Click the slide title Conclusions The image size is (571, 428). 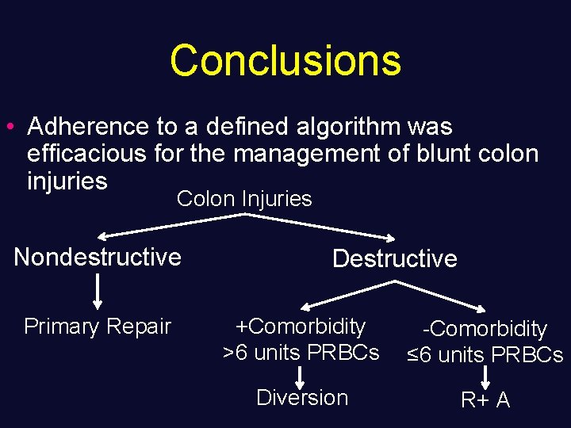coord(285,60)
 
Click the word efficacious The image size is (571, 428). coord(86,154)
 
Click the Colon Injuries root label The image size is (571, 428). coord(244,199)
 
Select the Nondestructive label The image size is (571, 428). coord(98,257)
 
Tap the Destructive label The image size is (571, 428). coord(394,258)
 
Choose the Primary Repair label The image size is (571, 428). coord(98,326)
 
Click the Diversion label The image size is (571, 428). coord(302,397)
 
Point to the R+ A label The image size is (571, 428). coord(485,400)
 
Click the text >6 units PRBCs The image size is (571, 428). coord(301,352)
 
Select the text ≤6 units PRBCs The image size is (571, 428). coord(485,355)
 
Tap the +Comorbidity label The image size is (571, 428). coord(301,326)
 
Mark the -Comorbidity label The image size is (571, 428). coord(485,329)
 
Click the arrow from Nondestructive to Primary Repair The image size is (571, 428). coord(98,291)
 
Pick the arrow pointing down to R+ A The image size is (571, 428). coord(485,376)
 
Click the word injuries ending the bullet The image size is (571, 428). coord(67,181)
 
